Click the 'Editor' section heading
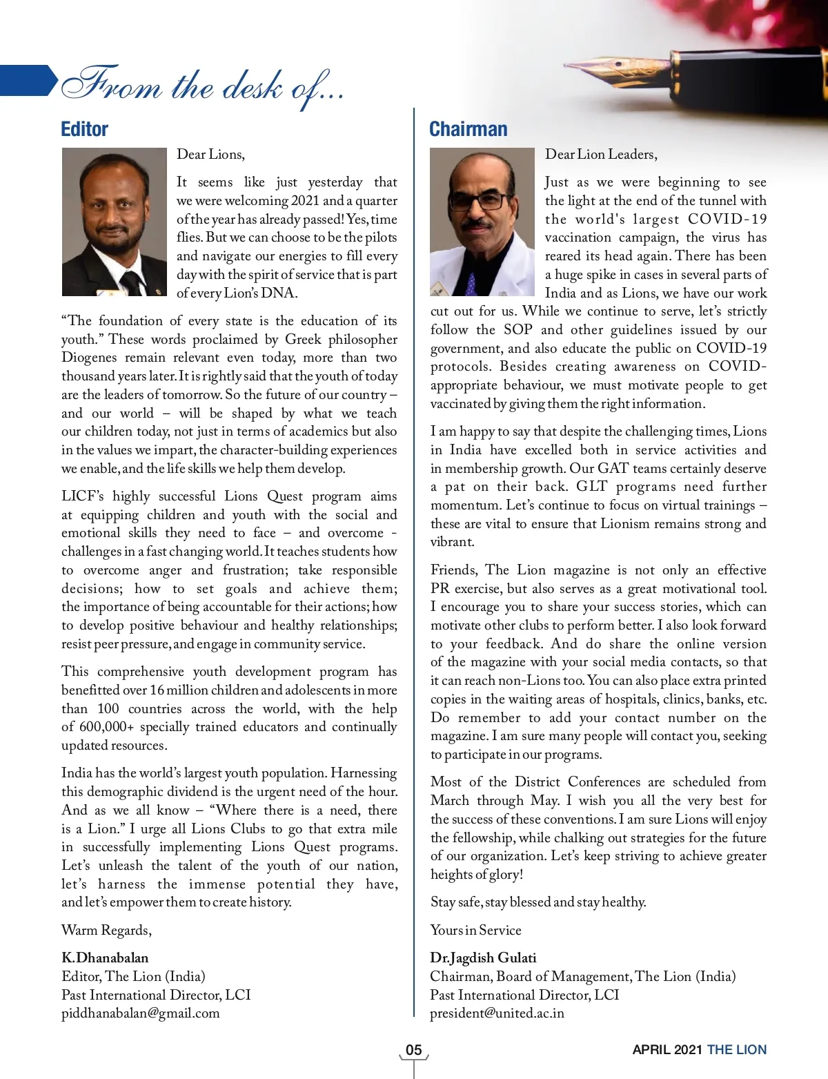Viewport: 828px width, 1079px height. coord(85,129)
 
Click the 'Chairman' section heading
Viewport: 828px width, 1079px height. coord(468,129)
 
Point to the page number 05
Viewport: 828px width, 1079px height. coord(413,1050)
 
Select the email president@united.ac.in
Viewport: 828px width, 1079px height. coord(497,1013)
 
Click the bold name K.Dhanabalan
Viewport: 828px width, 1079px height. coord(105,958)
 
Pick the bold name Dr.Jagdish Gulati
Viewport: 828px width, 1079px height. coord(483,958)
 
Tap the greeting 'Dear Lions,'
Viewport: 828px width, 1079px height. coord(210,154)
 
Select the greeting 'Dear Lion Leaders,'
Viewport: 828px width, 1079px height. coord(601,154)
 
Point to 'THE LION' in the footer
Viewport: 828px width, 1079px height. coord(737,1050)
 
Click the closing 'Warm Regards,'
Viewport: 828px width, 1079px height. coord(106,930)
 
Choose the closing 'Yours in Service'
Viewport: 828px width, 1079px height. coord(475,930)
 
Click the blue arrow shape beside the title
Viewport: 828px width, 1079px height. coord(28,80)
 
